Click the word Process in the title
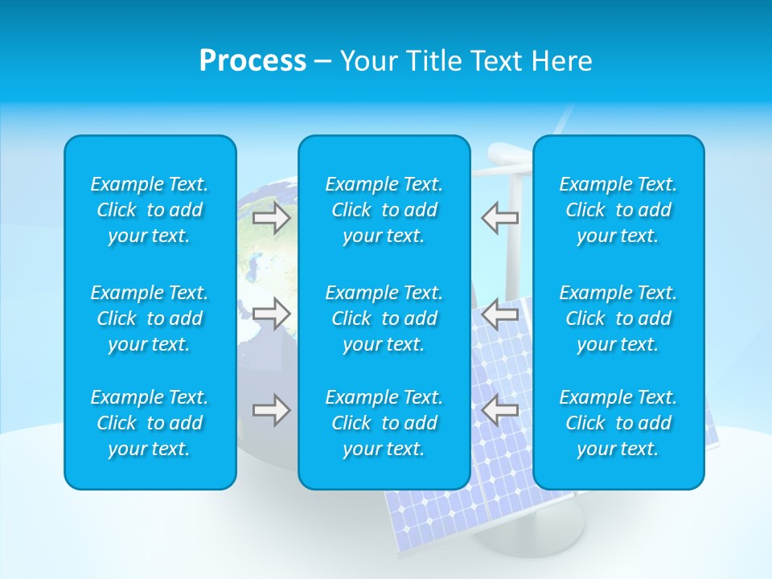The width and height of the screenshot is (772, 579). [253, 61]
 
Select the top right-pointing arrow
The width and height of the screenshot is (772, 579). [271, 218]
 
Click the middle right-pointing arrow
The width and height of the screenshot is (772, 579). [271, 314]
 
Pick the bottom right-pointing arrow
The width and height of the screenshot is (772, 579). [271, 410]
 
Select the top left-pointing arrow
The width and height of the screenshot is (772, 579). [500, 218]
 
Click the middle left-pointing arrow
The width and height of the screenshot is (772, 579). [500, 314]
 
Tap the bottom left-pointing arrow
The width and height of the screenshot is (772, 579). [500, 410]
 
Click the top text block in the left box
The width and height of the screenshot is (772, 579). [150, 210]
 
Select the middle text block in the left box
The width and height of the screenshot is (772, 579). [150, 318]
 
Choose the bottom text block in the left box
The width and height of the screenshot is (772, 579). [150, 423]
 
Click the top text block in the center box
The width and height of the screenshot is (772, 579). [384, 210]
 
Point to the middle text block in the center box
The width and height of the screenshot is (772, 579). [384, 318]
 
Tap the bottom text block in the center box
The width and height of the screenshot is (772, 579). [384, 423]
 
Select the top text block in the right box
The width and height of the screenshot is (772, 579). [618, 210]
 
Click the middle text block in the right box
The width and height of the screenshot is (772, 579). [618, 318]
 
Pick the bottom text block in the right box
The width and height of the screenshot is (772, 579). [618, 423]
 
